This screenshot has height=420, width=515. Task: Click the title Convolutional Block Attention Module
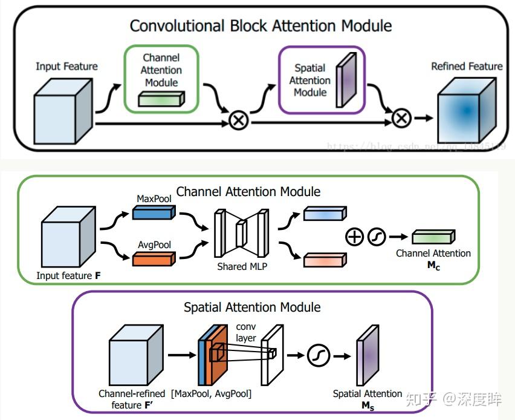261,26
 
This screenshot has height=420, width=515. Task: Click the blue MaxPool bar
153,212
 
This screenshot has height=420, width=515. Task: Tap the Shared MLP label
241,266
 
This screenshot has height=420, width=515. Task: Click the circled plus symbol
355,237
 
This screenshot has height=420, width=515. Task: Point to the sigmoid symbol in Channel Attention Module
377,237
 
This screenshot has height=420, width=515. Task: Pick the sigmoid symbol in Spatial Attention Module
318,356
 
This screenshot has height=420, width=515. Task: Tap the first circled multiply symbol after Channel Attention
239,120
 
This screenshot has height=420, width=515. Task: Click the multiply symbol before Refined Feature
401,117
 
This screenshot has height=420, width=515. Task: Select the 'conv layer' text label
245,332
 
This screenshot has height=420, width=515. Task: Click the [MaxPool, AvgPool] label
211,394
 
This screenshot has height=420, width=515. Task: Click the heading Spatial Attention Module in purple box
252,307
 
